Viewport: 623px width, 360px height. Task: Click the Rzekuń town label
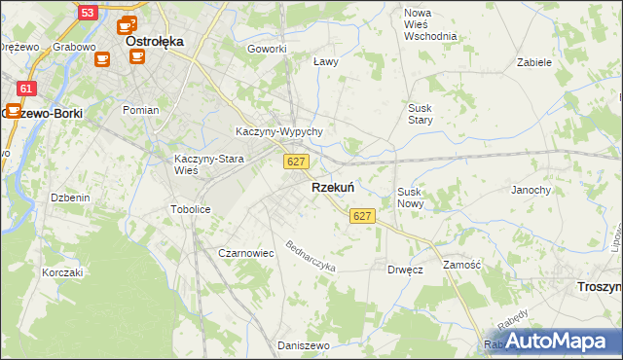(332, 188)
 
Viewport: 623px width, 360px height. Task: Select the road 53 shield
(88, 13)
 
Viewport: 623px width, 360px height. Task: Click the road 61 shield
(26, 89)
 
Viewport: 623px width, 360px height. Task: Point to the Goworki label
(267, 49)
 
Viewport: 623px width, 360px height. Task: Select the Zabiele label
(534, 62)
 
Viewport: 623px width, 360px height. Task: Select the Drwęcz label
(405, 270)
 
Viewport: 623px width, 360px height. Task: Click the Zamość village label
(461, 265)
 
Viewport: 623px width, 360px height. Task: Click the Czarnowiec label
(245, 253)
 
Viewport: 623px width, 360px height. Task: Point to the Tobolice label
(190, 209)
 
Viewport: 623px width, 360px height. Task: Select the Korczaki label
(62, 272)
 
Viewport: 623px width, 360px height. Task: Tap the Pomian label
(140, 110)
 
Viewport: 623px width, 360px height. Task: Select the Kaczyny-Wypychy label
(279, 131)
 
